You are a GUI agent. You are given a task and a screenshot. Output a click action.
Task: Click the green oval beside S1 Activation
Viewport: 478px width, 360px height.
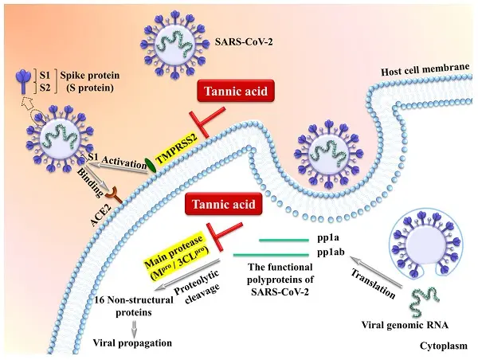(x=149, y=166)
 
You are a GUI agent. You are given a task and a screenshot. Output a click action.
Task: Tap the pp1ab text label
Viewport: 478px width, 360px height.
(x=326, y=254)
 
